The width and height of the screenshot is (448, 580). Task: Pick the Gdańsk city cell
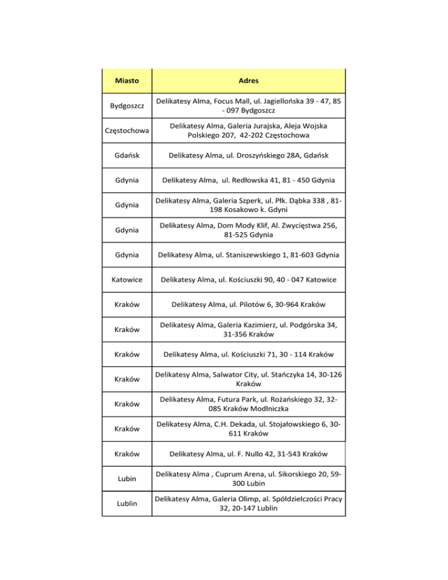coord(127,156)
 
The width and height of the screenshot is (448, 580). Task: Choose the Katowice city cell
coord(127,280)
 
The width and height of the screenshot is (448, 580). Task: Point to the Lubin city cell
coord(127,479)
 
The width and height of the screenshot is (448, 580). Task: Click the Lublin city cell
coord(127,503)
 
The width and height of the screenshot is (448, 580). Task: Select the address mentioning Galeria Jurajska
coord(249,131)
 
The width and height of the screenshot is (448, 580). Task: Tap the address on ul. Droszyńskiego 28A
coord(249,156)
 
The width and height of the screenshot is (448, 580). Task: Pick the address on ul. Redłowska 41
coord(249,180)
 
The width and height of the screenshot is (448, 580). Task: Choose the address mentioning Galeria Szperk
coord(249,205)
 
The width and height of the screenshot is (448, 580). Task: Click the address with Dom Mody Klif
coord(249,230)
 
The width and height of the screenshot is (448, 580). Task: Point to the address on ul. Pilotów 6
coord(249,305)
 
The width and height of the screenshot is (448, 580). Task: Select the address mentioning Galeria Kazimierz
coord(249,330)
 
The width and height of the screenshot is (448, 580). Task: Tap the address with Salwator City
coord(249,379)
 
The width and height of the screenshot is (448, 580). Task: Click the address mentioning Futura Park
coord(249,404)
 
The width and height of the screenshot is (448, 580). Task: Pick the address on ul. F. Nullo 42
coord(249,454)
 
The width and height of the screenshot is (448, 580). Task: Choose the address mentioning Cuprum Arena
coord(249,478)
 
